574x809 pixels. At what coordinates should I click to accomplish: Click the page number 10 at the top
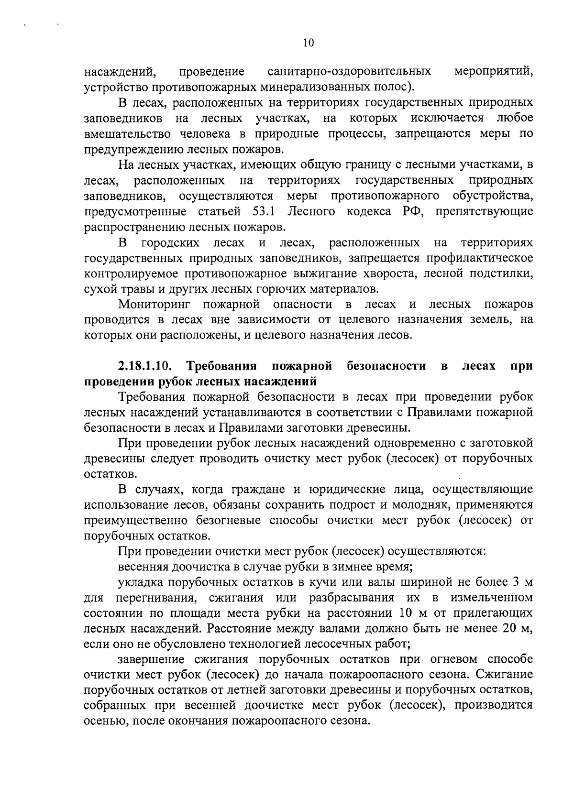click(308, 43)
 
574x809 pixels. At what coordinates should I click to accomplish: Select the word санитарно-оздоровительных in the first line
click(349, 72)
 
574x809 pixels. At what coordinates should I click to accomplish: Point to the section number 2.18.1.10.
click(145, 366)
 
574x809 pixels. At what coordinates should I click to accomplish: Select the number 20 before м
click(507, 628)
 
